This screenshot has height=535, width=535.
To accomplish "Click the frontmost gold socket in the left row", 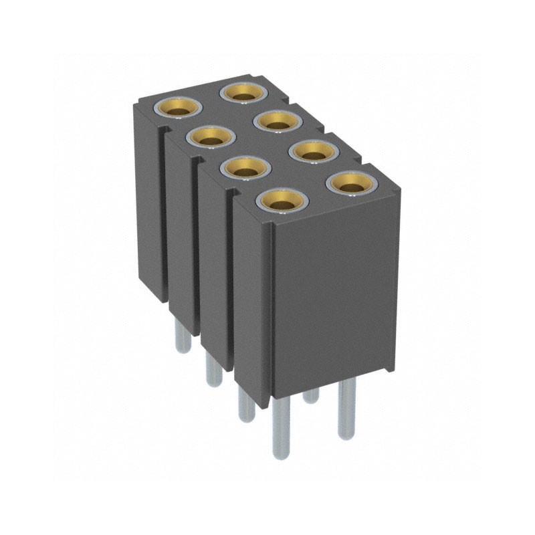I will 282,199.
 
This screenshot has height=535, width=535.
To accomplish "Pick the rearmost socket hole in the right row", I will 245,91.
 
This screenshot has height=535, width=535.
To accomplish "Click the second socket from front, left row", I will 245,169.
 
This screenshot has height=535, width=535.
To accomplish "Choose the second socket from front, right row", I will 313,150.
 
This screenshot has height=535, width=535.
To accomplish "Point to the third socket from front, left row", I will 211,137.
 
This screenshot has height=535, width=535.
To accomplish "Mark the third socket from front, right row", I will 279,121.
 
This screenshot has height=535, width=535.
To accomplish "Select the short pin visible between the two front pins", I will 311,398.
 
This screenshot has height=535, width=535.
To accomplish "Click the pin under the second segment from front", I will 246,405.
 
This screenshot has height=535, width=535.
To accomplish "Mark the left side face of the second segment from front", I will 215,267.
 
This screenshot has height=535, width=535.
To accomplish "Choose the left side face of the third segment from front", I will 182,234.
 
